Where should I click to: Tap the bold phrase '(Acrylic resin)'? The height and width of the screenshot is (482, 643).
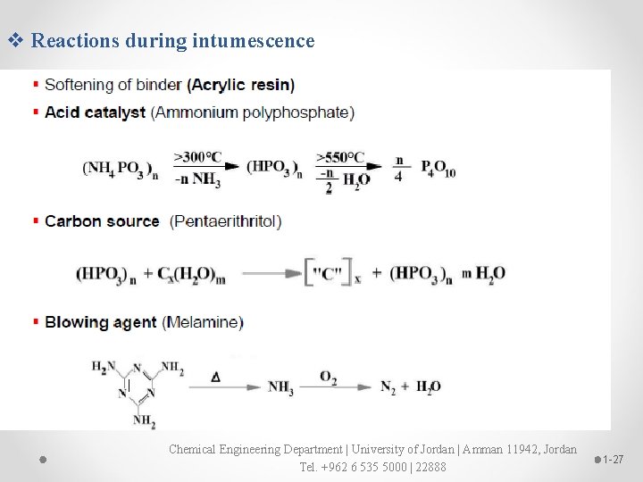click(240, 86)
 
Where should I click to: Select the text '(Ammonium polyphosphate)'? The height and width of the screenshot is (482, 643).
click(253, 112)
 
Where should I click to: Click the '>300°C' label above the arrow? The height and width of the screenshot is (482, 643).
click(198, 157)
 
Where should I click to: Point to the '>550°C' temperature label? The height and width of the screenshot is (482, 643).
click(340, 157)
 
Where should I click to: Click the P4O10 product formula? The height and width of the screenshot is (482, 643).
click(438, 168)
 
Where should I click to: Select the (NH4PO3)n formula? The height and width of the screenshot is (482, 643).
click(120, 168)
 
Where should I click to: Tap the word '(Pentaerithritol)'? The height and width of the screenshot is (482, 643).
click(226, 221)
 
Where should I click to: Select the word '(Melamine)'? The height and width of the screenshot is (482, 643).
click(203, 322)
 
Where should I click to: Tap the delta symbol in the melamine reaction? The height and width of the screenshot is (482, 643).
click(215, 378)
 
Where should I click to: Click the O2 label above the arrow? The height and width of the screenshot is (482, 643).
click(328, 379)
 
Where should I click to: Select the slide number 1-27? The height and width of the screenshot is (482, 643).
click(613, 459)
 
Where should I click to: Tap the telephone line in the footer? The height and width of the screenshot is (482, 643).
click(372, 467)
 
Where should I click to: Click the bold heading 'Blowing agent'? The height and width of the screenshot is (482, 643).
click(101, 322)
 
